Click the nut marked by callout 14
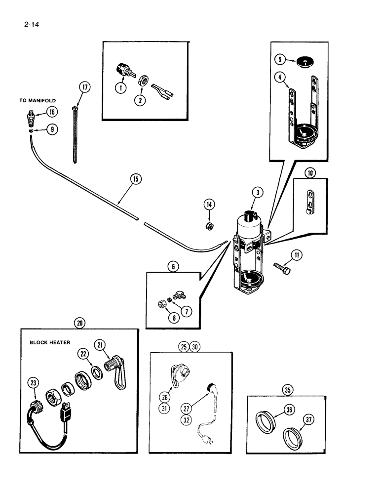pyautogui.click(x=208, y=226)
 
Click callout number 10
pyautogui.click(x=310, y=173)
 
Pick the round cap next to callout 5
pyautogui.click(x=304, y=62)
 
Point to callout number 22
pyautogui.click(x=84, y=353)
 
